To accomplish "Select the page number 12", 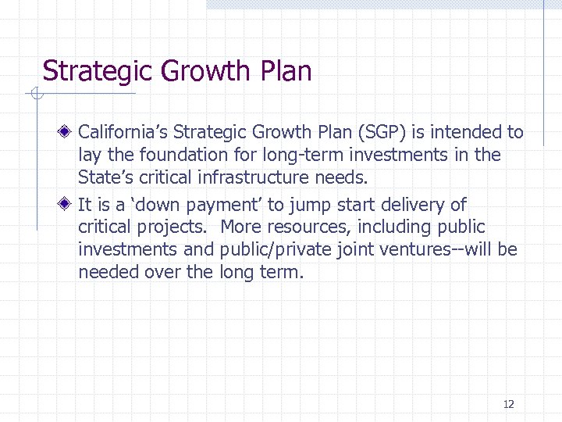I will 509,404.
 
